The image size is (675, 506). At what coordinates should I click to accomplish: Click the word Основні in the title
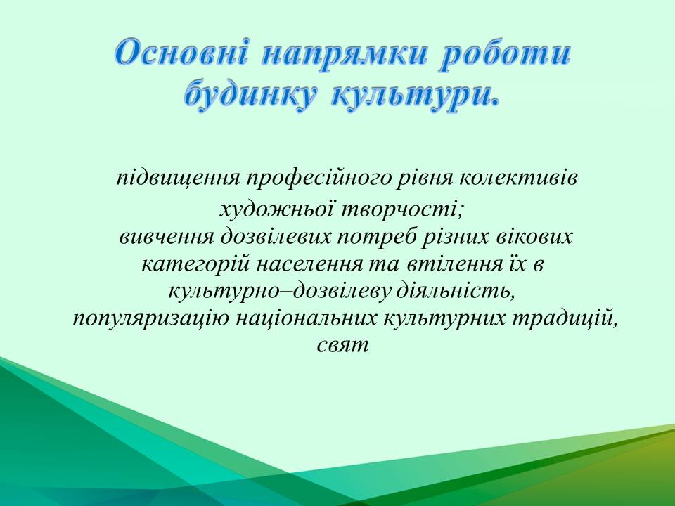(x=181, y=53)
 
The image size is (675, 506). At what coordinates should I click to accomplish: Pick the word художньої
(x=278, y=210)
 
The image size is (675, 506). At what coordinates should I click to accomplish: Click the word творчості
(x=402, y=210)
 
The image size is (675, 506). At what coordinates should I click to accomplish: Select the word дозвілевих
(x=276, y=236)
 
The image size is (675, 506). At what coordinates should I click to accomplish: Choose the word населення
(x=309, y=264)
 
